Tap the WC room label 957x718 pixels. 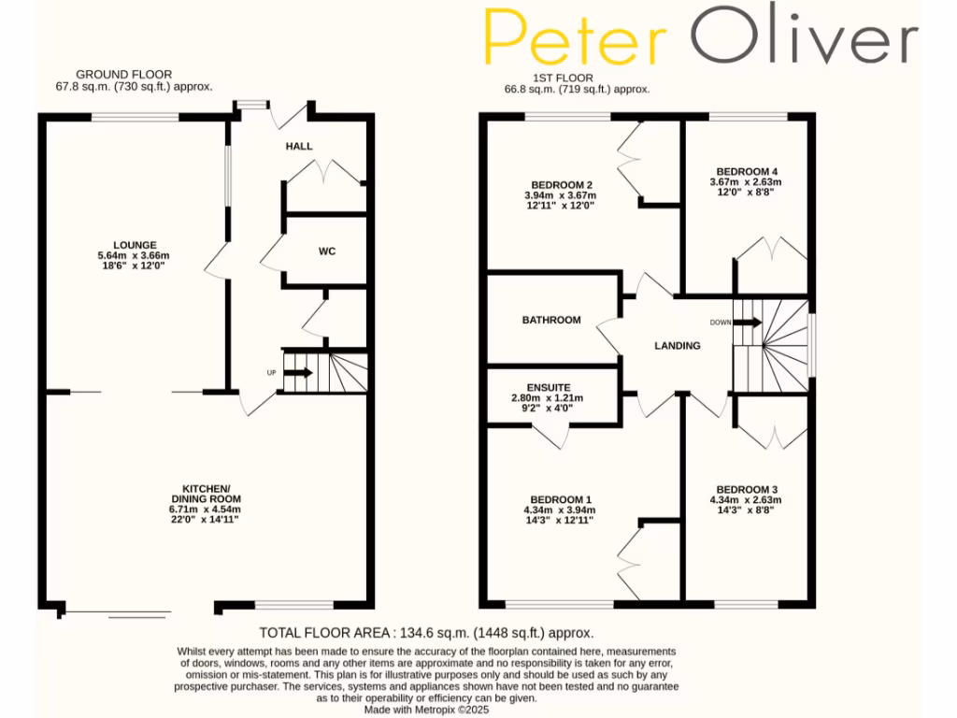327,251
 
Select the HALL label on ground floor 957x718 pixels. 299,147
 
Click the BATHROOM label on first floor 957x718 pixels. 551,320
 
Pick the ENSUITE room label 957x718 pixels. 555,386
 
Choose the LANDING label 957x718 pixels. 678,346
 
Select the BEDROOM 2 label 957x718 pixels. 561,184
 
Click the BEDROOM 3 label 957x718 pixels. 747,490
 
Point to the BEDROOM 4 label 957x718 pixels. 746,170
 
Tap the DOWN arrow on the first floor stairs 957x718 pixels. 748,323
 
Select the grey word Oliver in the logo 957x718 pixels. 804,37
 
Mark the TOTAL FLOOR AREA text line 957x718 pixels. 426,633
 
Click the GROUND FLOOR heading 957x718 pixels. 124,74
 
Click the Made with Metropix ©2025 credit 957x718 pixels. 426,710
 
